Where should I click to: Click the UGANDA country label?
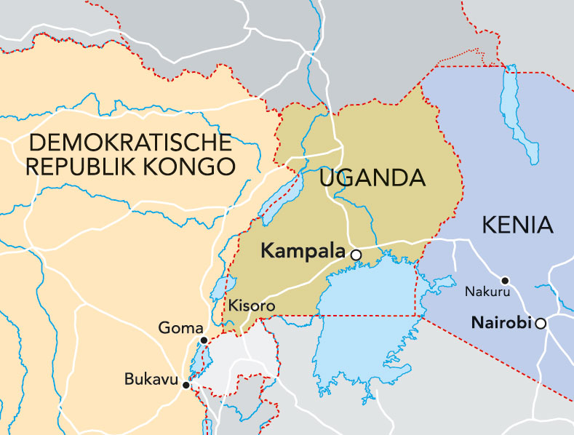(371, 177)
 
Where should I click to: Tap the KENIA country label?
(517, 225)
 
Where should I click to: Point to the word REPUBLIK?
(87, 166)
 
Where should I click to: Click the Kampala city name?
(303, 252)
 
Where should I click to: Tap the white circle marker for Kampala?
(356, 255)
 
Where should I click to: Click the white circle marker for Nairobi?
(541, 323)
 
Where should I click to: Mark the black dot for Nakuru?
(505, 280)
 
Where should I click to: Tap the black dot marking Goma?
(204, 340)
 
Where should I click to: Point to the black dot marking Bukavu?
(186, 386)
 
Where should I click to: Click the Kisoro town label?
(252, 306)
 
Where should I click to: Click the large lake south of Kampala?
(364, 320)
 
